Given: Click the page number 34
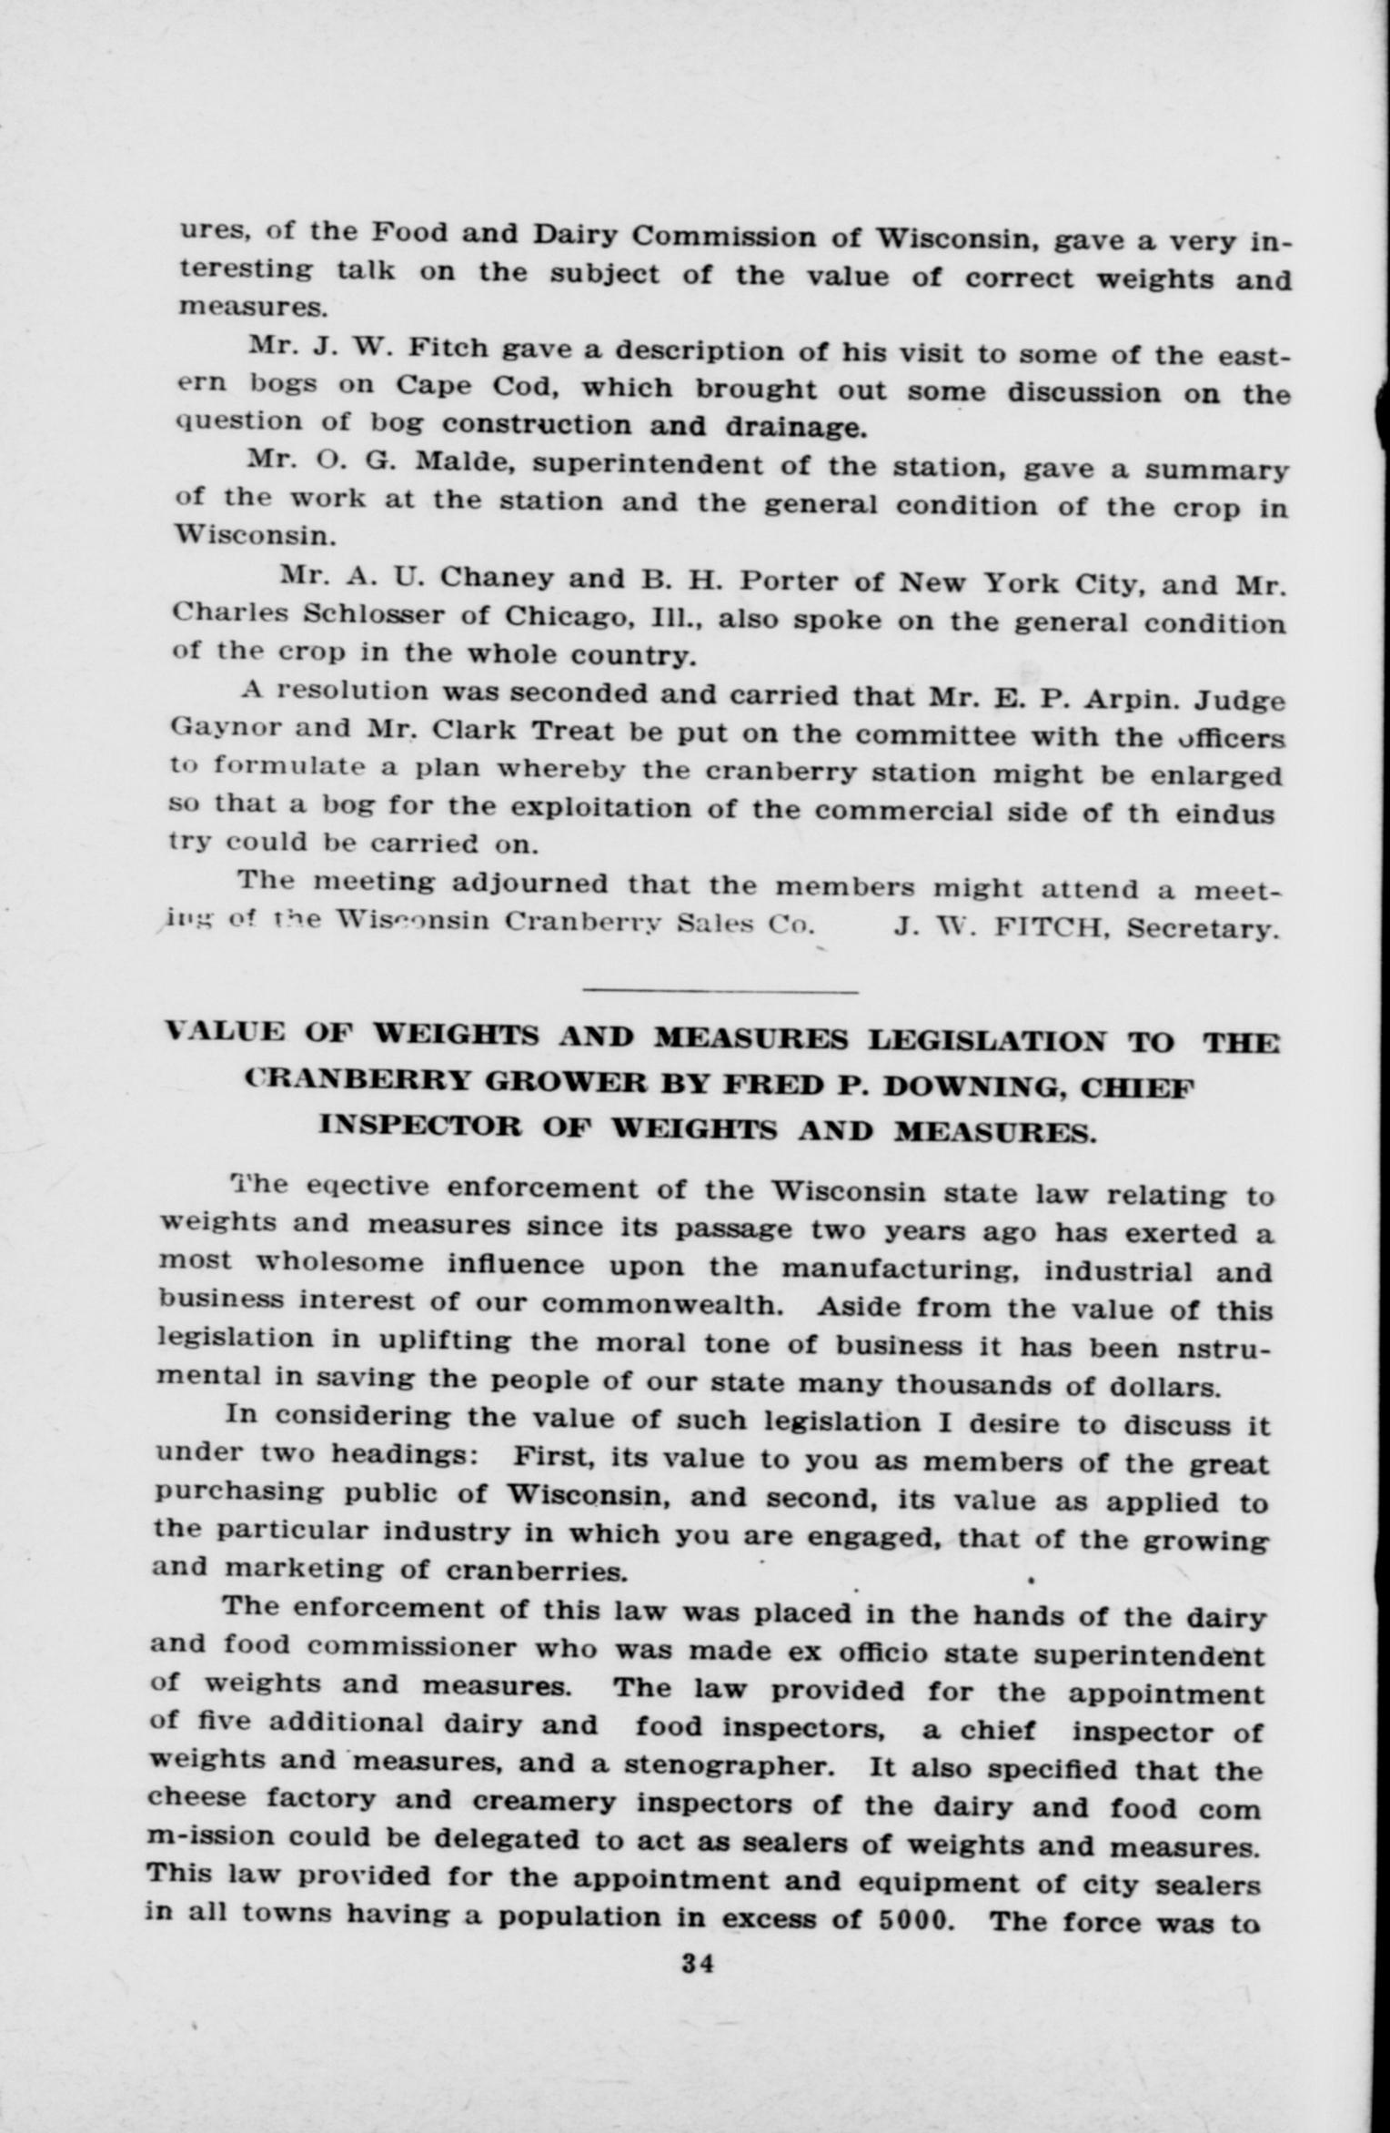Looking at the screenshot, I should pos(698,1963).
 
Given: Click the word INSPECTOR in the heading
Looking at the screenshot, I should pos(420,1125).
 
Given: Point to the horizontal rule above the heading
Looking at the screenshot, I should pos(720,990).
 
